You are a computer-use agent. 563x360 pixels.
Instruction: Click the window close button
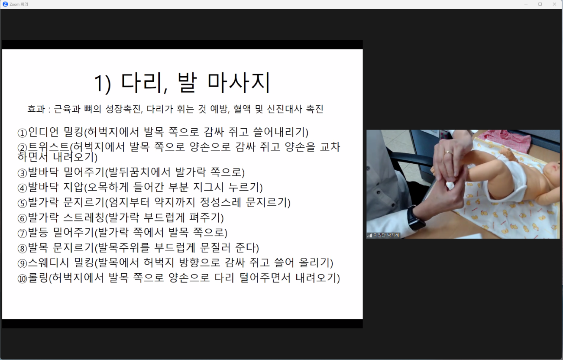click(554, 4)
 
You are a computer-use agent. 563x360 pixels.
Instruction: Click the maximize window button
click(540, 4)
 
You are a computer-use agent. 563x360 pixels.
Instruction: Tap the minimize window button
click(526, 4)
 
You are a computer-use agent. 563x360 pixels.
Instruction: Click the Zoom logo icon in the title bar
click(5, 4)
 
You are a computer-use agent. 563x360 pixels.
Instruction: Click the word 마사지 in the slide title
click(239, 83)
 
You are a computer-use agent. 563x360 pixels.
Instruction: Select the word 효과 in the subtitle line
click(36, 109)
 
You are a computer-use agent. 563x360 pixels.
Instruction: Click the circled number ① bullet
click(22, 133)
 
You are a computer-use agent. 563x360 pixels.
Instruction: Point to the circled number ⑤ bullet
click(22, 203)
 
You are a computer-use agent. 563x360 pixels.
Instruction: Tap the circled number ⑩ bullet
click(22, 279)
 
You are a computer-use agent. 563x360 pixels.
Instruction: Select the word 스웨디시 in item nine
click(48, 263)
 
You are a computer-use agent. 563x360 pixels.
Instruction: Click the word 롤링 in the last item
click(38, 278)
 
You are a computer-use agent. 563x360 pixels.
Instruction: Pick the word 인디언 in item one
click(43, 132)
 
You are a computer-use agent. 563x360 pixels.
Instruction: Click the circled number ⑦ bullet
click(22, 234)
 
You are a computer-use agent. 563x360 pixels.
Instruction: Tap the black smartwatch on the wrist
click(415, 218)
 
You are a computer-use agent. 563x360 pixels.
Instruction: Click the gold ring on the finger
click(449, 152)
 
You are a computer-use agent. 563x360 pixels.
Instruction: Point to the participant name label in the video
click(386, 235)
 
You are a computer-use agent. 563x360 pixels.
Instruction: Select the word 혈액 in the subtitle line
click(242, 109)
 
